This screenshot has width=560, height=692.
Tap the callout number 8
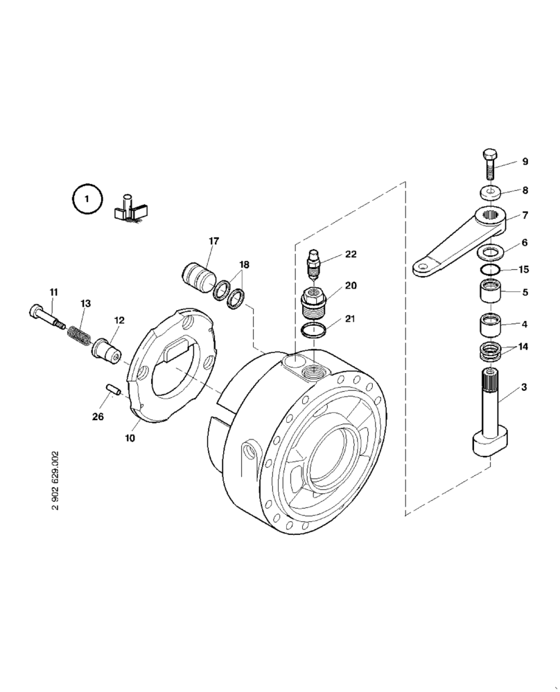[x=525, y=190]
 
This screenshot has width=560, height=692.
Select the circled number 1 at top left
[x=87, y=199]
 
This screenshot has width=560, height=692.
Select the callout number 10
[x=131, y=438]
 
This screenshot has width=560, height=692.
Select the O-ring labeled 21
[x=315, y=329]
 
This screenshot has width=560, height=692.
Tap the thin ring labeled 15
[x=489, y=270]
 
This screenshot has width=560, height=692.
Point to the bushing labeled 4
[x=489, y=324]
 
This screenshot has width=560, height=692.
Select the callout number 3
[x=525, y=388]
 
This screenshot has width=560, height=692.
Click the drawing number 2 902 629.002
[x=55, y=480]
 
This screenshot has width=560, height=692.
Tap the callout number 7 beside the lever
[x=525, y=215]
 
